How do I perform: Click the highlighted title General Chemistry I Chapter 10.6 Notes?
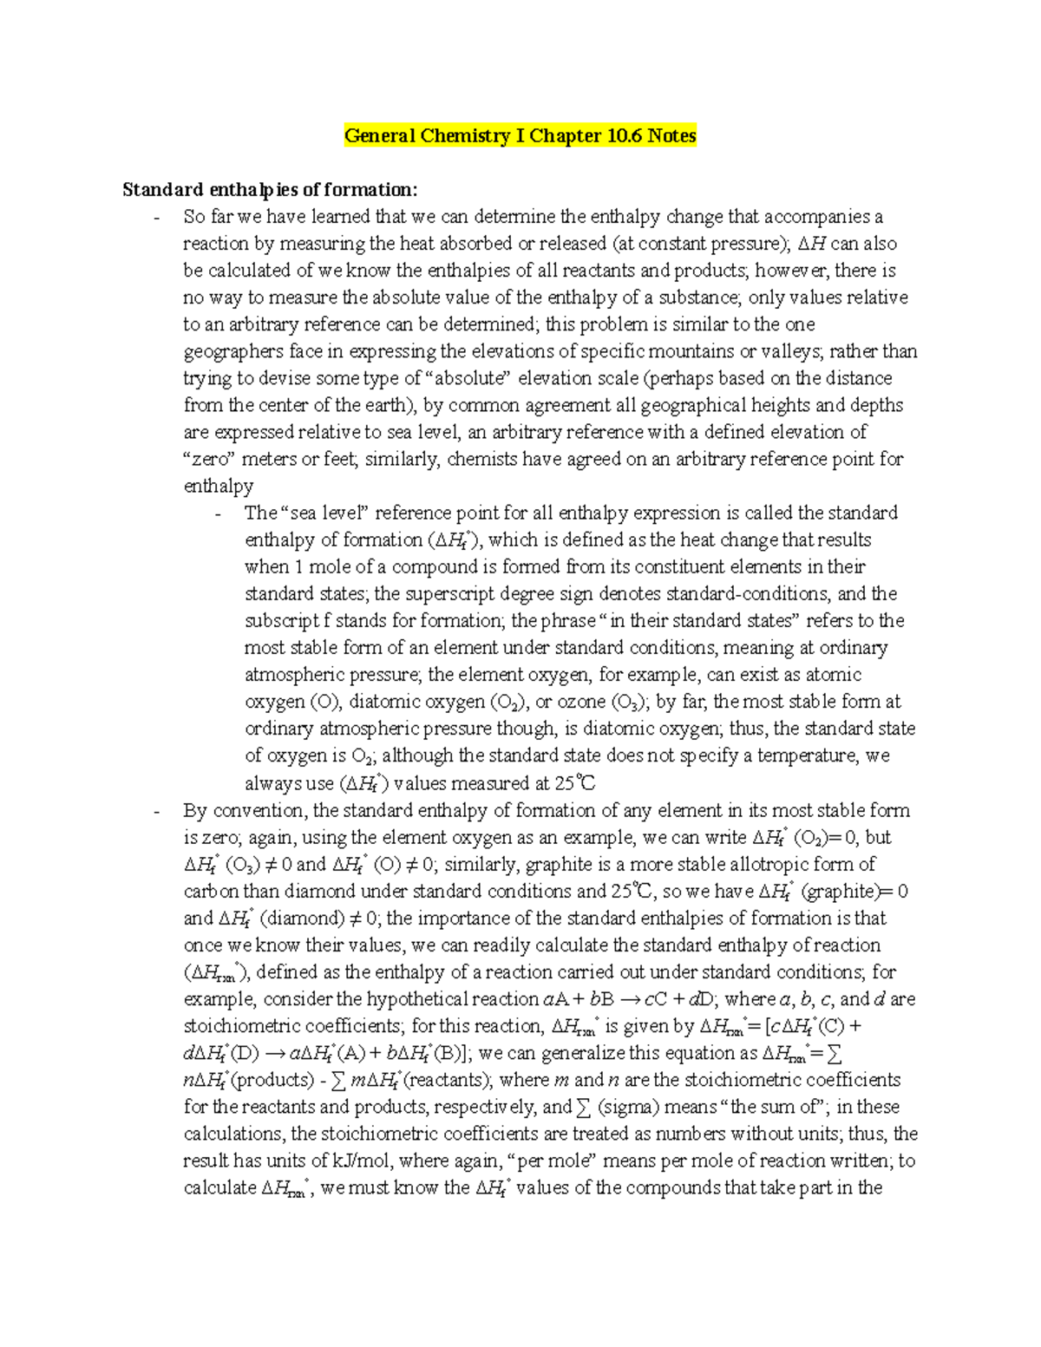coord(520,136)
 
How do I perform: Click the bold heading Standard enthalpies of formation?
coord(270,190)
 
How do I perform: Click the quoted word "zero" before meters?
coord(210,459)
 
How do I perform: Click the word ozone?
coord(581,702)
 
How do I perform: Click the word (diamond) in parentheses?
coord(301,918)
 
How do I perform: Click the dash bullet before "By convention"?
coord(155,812)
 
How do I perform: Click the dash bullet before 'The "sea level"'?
coord(217,514)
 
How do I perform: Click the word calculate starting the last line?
coord(219,1187)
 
